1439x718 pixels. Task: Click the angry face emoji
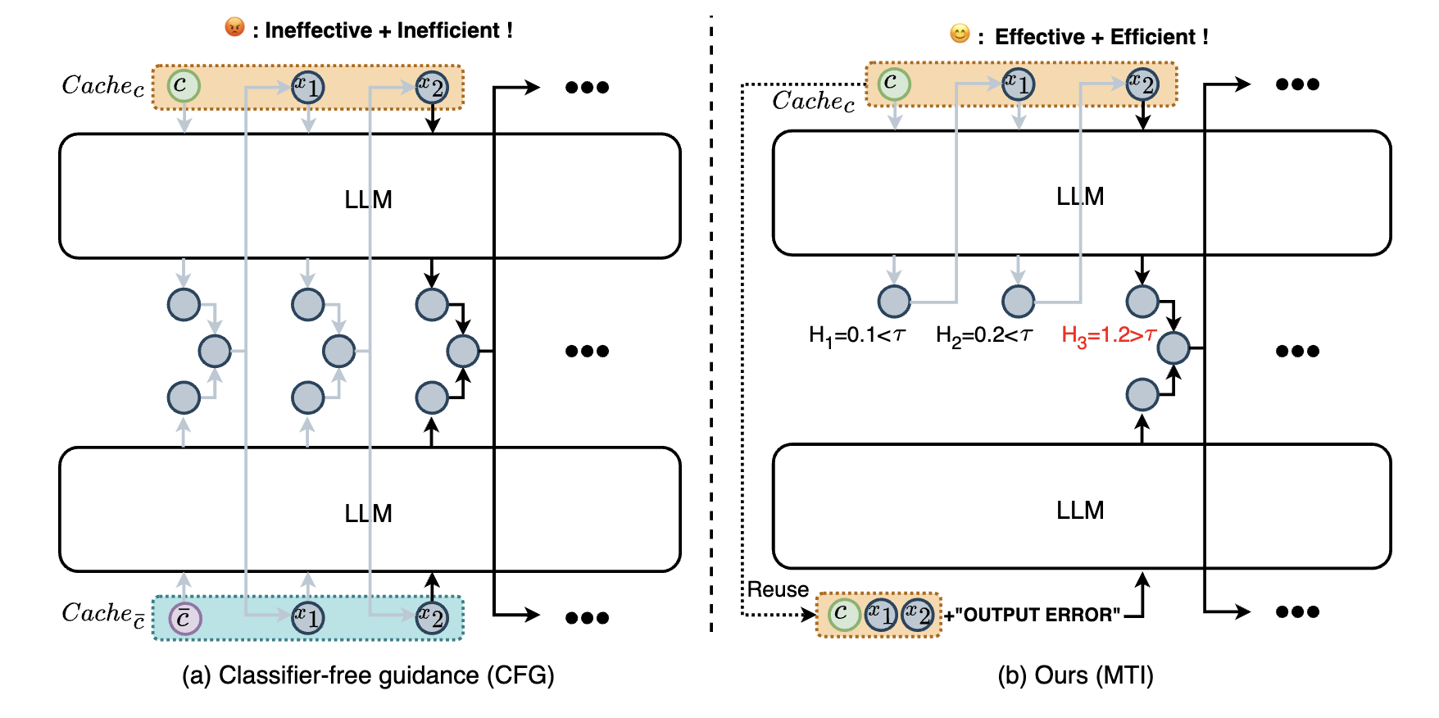(x=234, y=28)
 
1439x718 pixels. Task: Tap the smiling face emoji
(x=960, y=34)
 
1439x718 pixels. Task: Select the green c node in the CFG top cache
(x=184, y=86)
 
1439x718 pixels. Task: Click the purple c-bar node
(x=184, y=618)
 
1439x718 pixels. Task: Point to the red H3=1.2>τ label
(x=1108, y=335)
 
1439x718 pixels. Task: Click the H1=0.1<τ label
(x=856, y=335)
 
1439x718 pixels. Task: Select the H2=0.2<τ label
(x=983, y=335)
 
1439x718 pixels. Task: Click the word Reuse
(x=778, y=589)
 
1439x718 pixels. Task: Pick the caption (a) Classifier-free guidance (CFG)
(x=368, y=675)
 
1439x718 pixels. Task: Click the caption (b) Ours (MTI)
(x=1075, y=675)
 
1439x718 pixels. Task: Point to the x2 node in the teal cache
(x=432, y=617)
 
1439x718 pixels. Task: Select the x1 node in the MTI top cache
(x=1018, y=84)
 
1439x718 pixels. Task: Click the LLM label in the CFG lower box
(x=368, y=513)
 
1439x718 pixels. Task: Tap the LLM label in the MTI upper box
(x=1079, y=197)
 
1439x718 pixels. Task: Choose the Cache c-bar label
(x=103, y=615)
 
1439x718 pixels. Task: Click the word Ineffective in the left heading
(x=318, y=30)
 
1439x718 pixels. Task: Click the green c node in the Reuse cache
(x=843, y=614)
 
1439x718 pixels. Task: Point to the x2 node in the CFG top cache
(x=432, y=86)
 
